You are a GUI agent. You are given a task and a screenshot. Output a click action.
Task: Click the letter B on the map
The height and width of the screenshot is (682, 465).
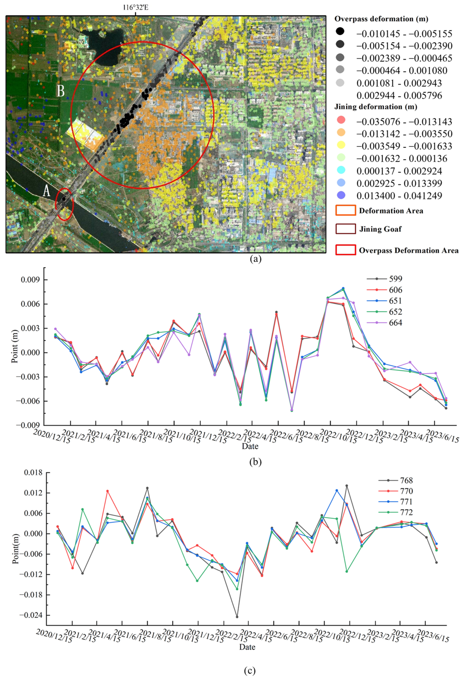click(x=60, y=91)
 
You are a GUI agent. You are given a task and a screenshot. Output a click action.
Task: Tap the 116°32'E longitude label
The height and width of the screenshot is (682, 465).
click(x=135, y=7)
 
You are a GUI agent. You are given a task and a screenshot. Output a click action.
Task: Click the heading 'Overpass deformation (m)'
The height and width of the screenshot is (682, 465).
click(x=381, y=19)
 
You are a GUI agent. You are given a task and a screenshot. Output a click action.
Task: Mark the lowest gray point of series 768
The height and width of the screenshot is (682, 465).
click(x=237, y=617)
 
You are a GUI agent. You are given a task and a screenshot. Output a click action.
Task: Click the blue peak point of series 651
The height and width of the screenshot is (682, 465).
click(x=343, y=288)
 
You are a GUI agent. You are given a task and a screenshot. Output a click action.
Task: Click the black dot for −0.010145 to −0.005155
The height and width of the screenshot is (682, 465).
click(x=340, y=31)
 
